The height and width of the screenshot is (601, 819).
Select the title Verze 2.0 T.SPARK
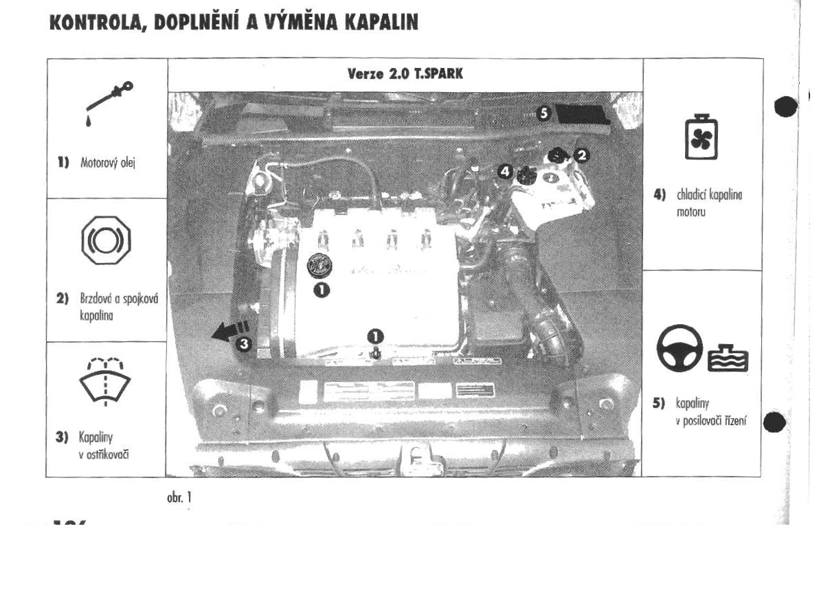405,75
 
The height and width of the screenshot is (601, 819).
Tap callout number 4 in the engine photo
505,170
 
